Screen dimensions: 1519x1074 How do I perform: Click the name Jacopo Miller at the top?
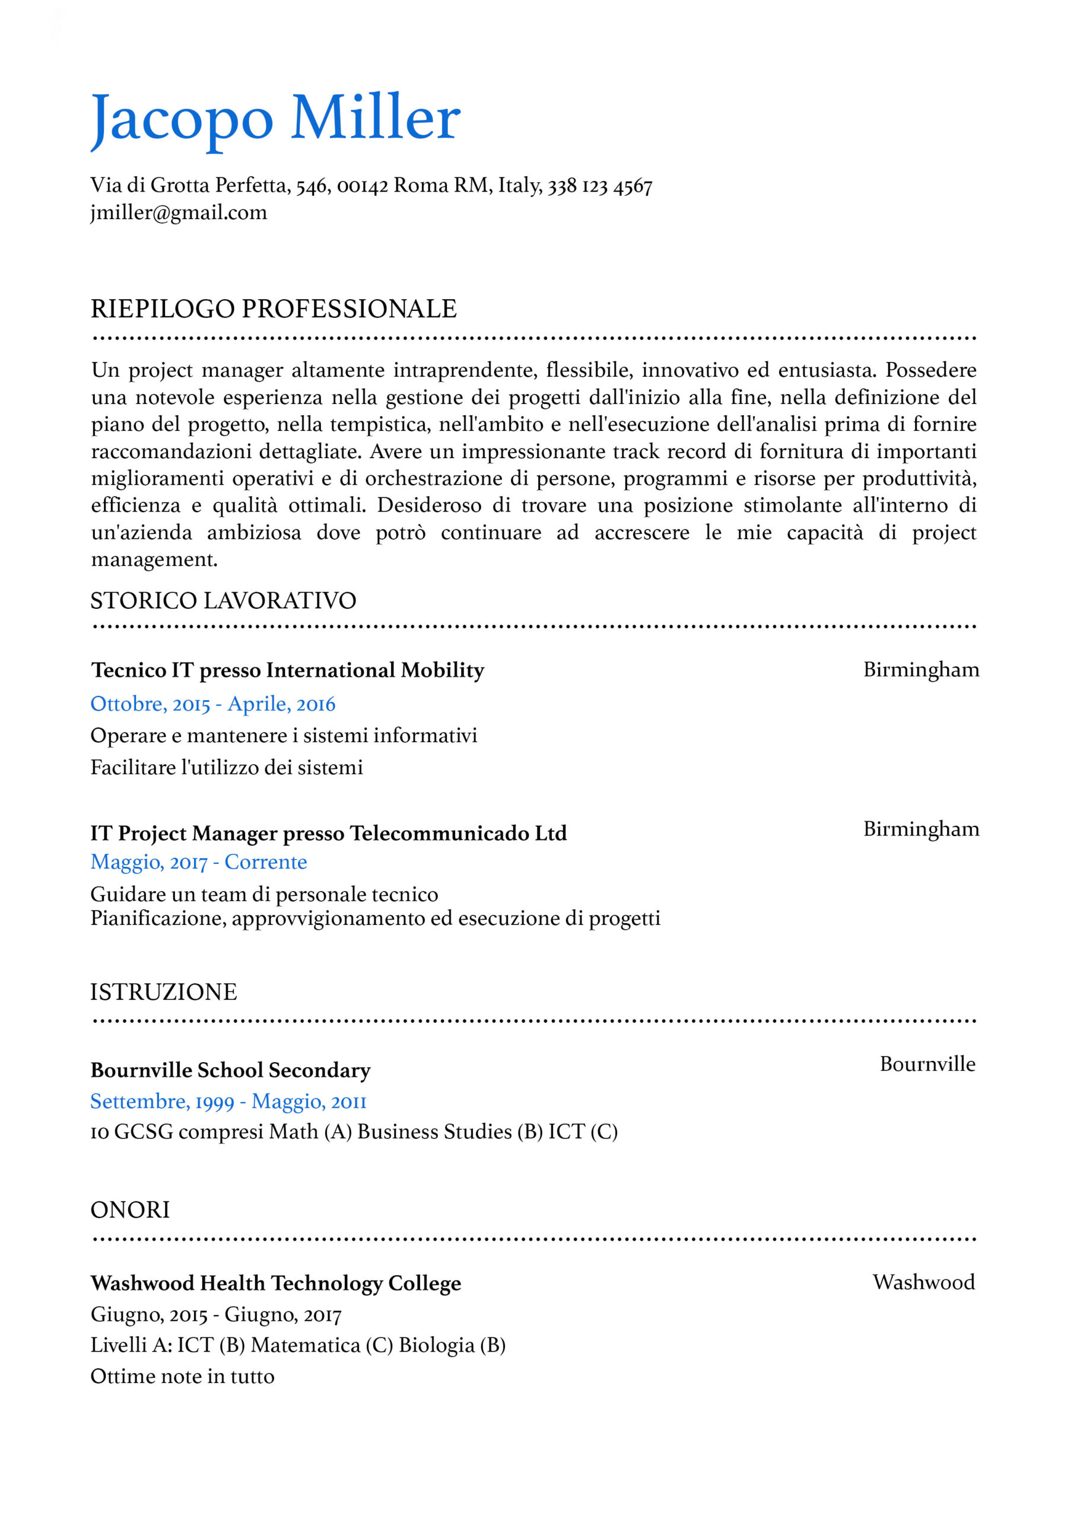pyautogui.click(x=275, y=119)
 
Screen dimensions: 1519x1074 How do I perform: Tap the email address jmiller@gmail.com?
pyautogui.click(x=179, y=213)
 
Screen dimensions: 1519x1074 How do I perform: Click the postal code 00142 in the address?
pyautogui.click(x=362, y=186)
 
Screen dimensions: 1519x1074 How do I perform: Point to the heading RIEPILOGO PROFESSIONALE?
pyautogui.click(x=274, y=309)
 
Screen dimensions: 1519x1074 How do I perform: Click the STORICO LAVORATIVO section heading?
pyautogui.click(x=223, y=600)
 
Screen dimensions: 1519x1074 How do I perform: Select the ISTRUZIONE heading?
pyautogui.click(x=163, y=992)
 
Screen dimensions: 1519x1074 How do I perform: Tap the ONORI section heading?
pyautogui.click(x=130, y=1210)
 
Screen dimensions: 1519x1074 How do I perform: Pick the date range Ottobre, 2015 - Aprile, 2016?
pyautogui.click(x=212, y=704)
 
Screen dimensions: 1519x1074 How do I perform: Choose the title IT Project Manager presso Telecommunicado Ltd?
pyautogui.click(x=328, y=833)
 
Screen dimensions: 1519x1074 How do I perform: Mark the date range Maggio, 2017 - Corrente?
pyautogui.click(x=199, y=862)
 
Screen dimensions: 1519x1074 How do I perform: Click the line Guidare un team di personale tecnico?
pyautogui.click(x=264, y=894)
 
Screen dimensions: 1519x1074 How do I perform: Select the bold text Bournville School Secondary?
pyautogui.click(x=230, y=1070)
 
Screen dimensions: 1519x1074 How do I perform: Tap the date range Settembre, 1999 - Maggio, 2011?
pyautogui.click(x=228, y=1101)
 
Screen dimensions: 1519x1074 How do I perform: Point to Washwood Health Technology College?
pyautogui.click(x=275, y=1283)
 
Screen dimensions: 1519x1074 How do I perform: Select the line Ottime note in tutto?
pyautogui.click(x=182, y=1377)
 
